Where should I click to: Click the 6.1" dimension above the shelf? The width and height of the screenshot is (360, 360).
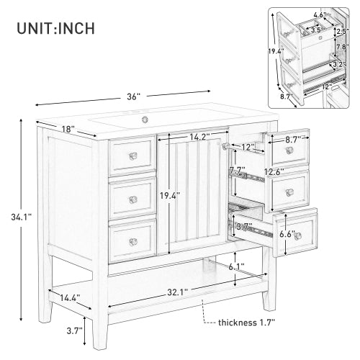point(235,266)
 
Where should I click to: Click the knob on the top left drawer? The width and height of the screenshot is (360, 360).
point(132,156)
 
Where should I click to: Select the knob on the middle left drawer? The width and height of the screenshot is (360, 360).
point(132,199)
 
